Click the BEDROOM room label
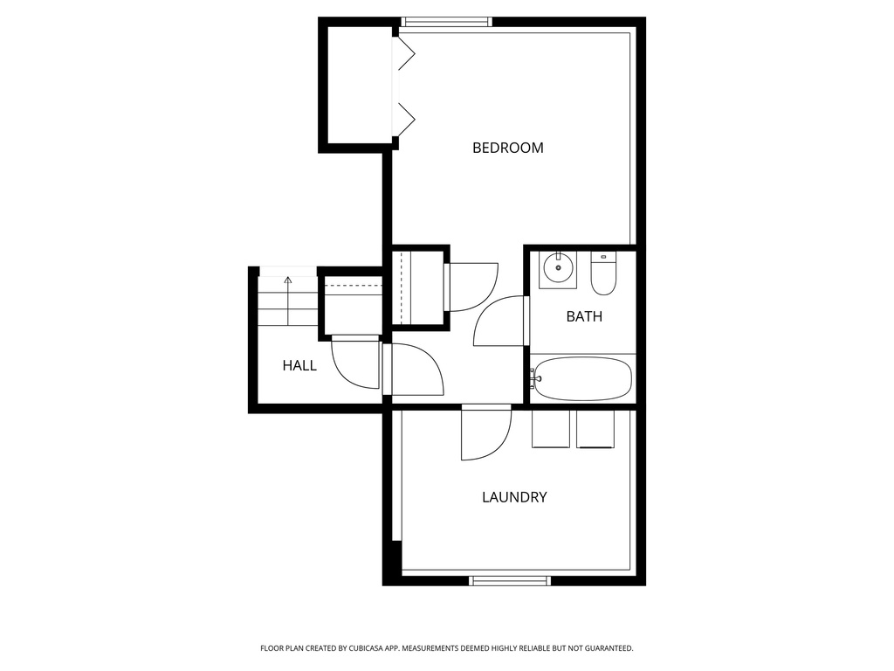click(x=507, y=148)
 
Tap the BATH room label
click(x=584, y=316)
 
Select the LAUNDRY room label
click(x=514, y=497)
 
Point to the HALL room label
click(x=299, y=365)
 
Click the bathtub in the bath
click(x=582, y=378)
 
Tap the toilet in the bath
click(x=602, y=274)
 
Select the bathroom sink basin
click(x=556, y=268)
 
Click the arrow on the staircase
click(x=288, y=281)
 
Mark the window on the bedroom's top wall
click(x=446, y=22)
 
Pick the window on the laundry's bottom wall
click(x=511, y=580)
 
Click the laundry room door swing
click(x=485, y=433)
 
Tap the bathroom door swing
click(x=499, y=322)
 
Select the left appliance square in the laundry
click(x=551, y=428)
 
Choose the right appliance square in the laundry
click(x=595, y=428)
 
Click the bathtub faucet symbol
click(x=534, y=378)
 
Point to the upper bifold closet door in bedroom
click(x=405, y=54)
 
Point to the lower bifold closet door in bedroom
click(x=405, y=117)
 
